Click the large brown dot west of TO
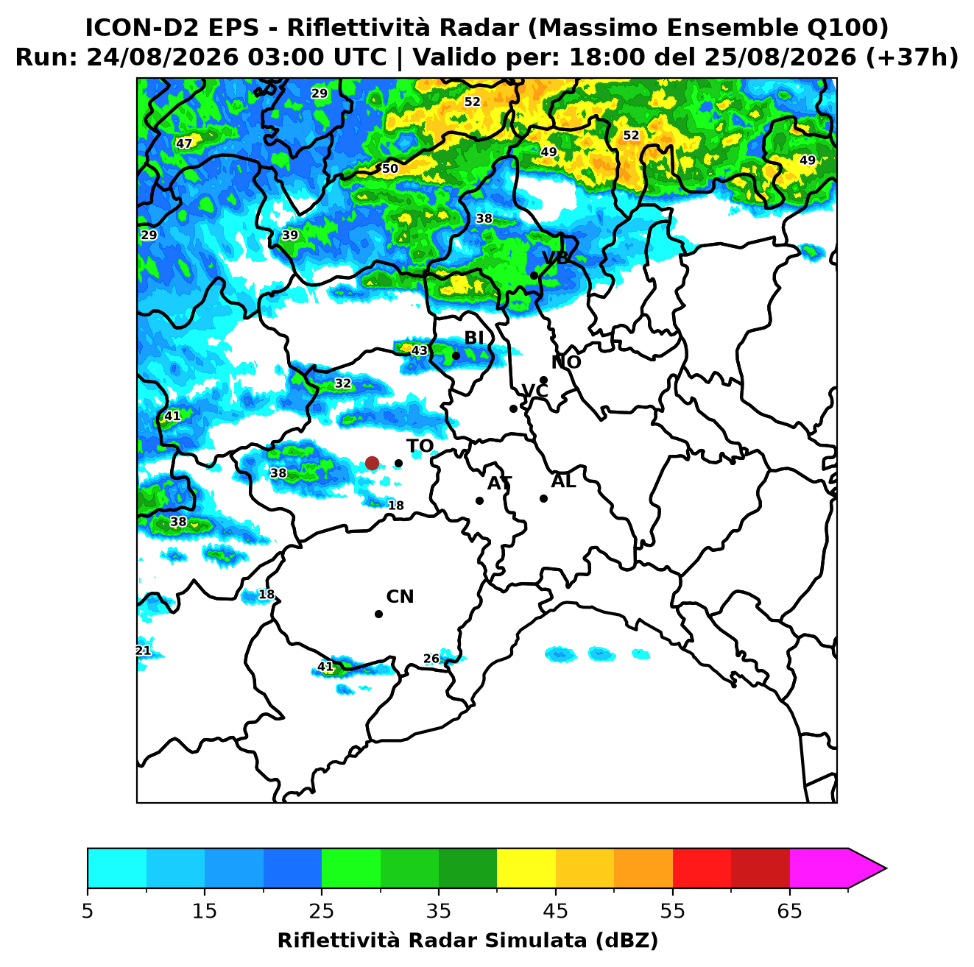372,462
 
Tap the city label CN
400,597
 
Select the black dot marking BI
456,356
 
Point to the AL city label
563,481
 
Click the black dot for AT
480,500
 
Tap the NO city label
566,362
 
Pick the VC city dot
514,408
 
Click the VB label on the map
555,258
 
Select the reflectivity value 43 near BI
419,350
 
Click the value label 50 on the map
389,169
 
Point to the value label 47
184,144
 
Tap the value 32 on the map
342,383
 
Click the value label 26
431,659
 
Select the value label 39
289,235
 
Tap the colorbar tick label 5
88,911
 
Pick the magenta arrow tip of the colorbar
886,868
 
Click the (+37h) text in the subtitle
912,57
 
